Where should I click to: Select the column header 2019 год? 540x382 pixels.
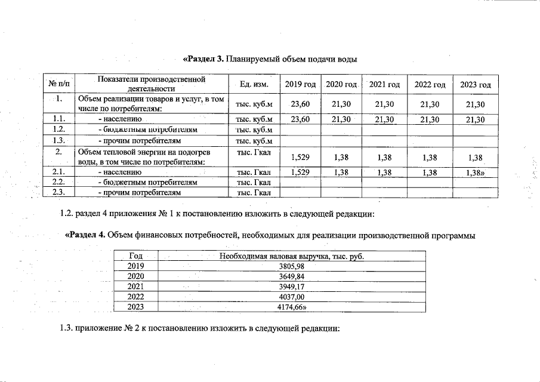(300, 85)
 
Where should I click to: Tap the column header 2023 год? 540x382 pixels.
(476, 85)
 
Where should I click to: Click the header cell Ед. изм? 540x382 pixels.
(254, 84)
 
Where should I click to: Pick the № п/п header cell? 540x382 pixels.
(58, 85)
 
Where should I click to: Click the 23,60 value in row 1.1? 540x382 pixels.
(300, 119)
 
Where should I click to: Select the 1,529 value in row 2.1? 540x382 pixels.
(300, 172)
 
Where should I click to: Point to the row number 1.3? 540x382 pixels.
(58, 140)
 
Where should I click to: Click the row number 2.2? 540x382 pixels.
(58, 181)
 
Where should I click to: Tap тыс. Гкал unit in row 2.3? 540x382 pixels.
(254, 192)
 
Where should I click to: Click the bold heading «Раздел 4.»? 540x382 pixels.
(85, 235)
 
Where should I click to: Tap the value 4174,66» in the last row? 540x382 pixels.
(292, 307)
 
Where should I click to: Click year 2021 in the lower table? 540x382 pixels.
(137, 286)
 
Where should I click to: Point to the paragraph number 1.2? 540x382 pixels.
(66, 214)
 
